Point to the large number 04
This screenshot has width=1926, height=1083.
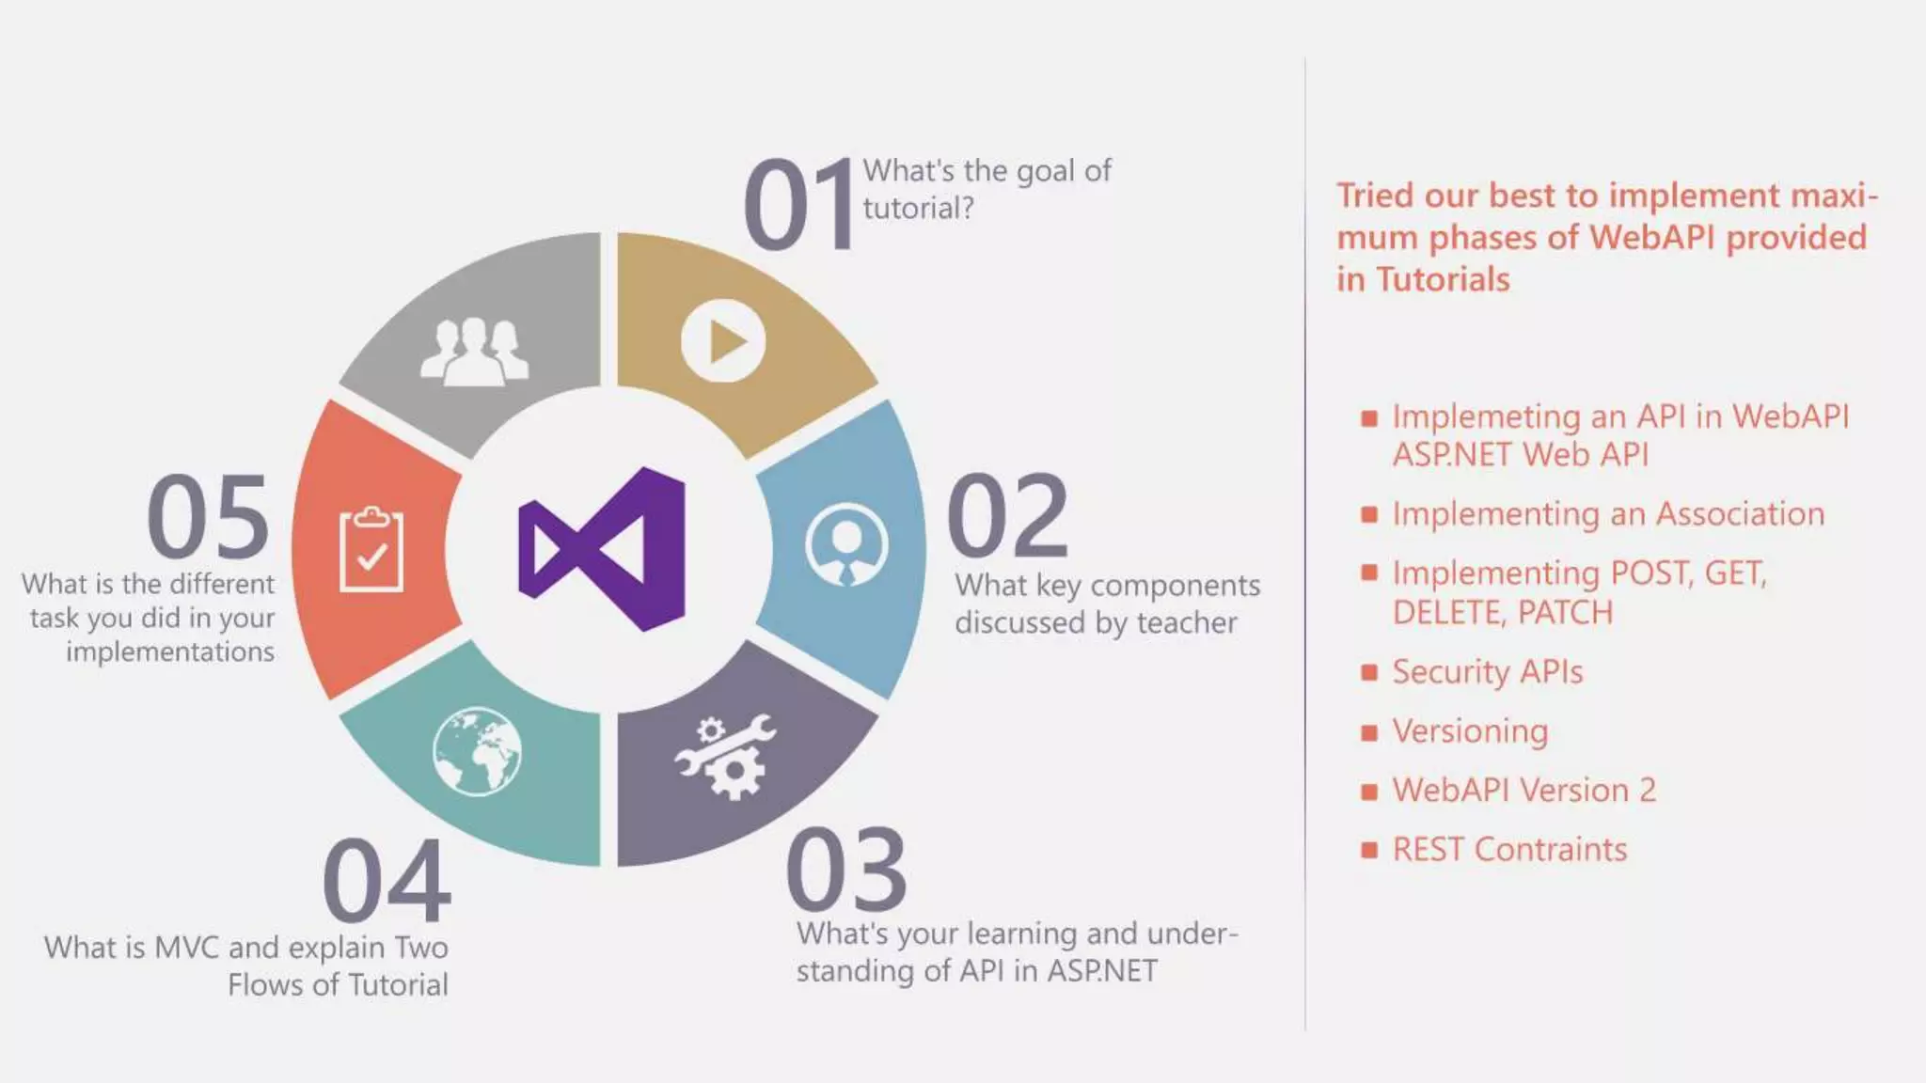point(387,881)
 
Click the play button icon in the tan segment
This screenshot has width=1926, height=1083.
point(722,340)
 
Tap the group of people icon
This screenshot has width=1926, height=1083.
point(474,353)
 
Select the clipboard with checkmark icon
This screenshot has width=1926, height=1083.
point(371,550)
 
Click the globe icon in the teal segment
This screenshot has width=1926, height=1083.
point(477,751)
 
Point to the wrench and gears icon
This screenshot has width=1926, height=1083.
point(725,756)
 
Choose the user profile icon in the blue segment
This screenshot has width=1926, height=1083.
point(845,544)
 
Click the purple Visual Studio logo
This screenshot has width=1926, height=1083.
point(602,549)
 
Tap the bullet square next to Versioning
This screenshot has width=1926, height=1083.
point(1369,732)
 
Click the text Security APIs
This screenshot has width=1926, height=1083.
point(1487,672)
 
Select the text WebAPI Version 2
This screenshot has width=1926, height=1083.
point(1523,791)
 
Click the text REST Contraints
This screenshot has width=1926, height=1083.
point(1508,850)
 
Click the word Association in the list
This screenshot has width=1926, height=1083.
point(1739,514)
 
